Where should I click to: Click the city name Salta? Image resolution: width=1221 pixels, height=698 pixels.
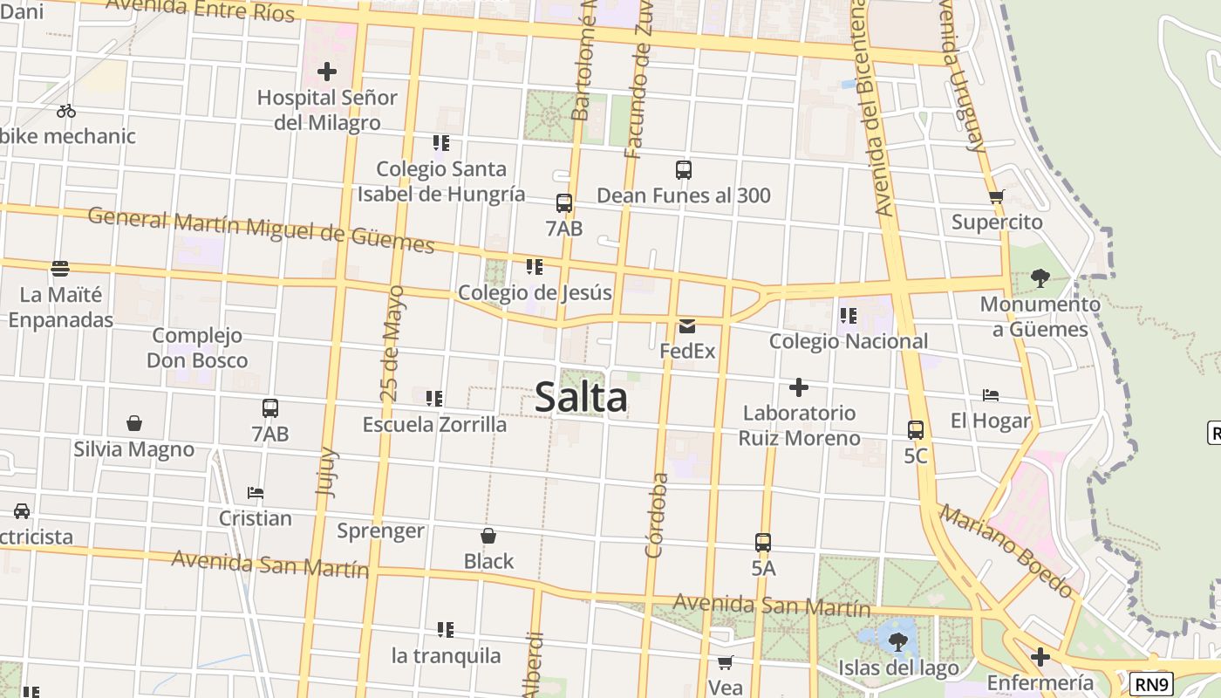click(581, 398)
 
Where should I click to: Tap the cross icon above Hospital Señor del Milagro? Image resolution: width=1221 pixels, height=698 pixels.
click(327, 71)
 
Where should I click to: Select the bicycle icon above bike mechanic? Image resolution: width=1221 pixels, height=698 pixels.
click(66, 111)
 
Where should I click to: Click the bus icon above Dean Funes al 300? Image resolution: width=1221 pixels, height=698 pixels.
click(684, 170)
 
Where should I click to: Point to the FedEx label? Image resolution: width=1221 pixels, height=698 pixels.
click(687, 351)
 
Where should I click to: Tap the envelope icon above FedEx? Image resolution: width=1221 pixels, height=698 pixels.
click(687, 326)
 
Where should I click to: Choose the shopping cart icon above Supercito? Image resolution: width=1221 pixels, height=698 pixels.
click(997, 196)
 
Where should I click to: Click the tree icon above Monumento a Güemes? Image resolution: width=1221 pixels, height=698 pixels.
click(1040, 278)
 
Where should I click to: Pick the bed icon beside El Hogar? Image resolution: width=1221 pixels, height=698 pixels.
click(991, 395)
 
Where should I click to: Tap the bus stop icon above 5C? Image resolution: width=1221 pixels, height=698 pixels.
click(916, 429)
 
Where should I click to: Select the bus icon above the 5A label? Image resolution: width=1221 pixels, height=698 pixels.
click(763, 542)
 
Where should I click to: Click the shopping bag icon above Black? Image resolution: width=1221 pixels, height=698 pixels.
click(488, 535)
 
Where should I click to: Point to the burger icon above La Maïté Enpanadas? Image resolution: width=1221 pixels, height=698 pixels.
click(60, 268)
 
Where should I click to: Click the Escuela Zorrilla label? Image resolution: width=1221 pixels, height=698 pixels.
click(434, 425)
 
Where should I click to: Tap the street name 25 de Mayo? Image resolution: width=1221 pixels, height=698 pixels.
click(393, 343)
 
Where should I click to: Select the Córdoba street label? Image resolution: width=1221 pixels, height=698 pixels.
click(656, 515)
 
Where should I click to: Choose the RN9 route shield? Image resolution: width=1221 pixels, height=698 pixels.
click(1151, 684)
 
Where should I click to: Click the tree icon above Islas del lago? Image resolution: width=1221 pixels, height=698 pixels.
click(897, 642)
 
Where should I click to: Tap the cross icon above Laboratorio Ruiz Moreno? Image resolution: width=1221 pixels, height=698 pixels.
click(799, 387)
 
